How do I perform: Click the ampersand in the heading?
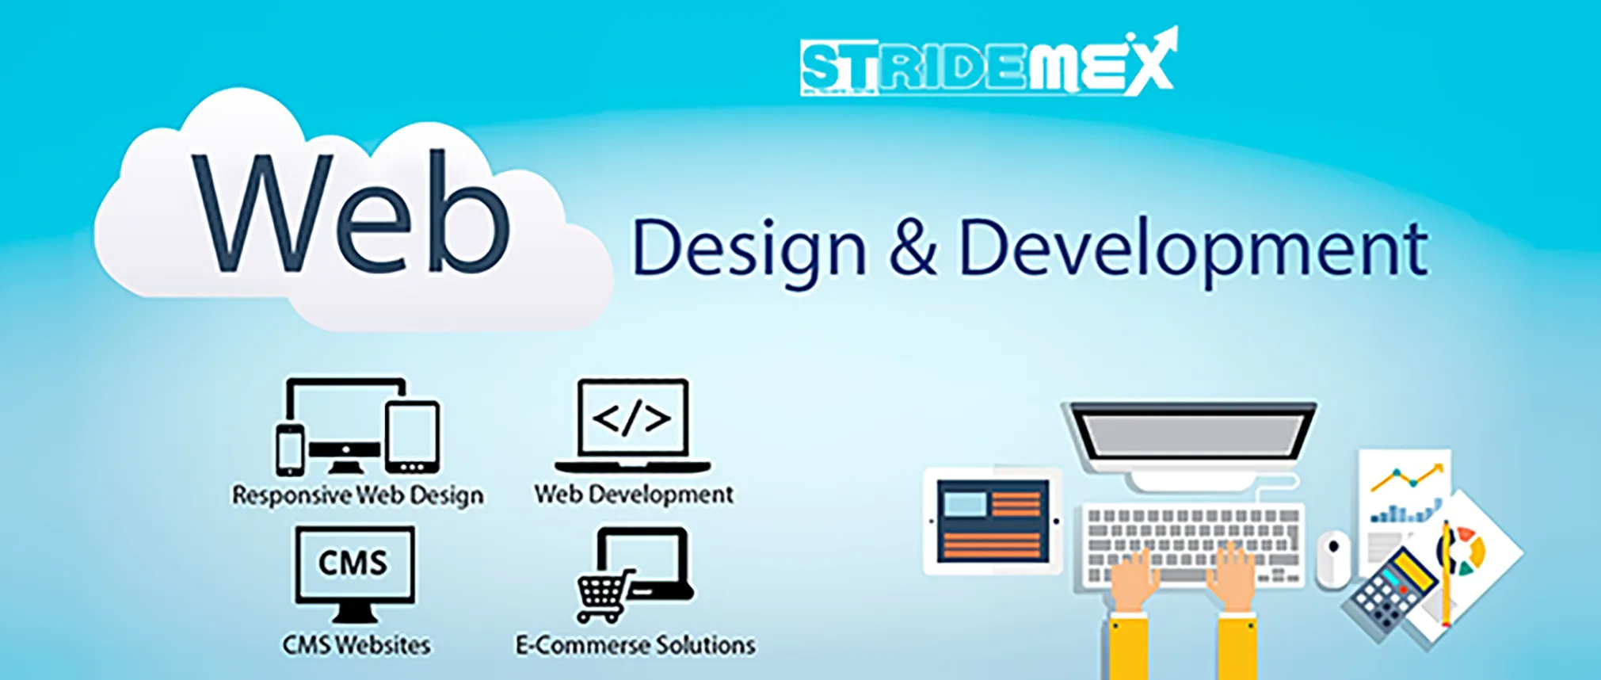click(x=913, y=248)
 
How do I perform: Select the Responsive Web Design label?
click(x=357, y=495)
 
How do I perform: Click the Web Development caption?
click(x=634, y=495)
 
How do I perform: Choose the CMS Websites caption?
click(x=356, y=645)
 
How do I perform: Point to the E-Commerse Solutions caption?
click(x=635, y=645)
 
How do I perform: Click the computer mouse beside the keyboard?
click(x=1333, y=558)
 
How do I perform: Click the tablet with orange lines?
click(x=993, y=521)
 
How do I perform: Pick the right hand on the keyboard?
click(x=1233, y=577)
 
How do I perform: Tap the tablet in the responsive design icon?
click(x=412, y=436)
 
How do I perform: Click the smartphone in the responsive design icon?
click(x=290, y=450)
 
